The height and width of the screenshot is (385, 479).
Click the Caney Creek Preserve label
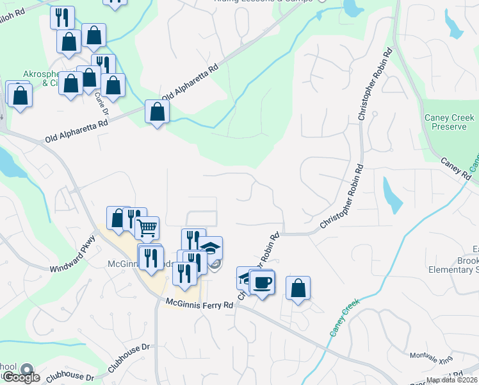coord(449,122)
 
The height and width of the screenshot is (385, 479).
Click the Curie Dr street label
coord(102,102)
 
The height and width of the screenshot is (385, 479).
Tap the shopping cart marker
coord(147,227)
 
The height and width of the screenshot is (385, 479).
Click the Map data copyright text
coord(452,380)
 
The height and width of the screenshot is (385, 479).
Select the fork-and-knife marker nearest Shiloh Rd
coord(61,17)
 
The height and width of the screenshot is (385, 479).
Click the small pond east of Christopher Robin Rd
coord(391,194)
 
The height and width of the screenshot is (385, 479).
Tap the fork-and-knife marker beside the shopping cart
coord(134,219)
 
